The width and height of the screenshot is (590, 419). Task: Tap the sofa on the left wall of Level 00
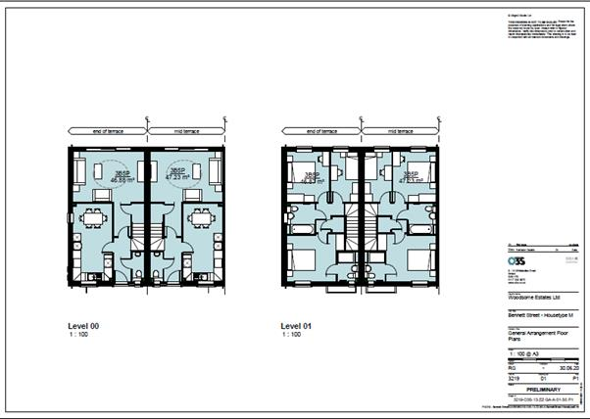tap(75, 172)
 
